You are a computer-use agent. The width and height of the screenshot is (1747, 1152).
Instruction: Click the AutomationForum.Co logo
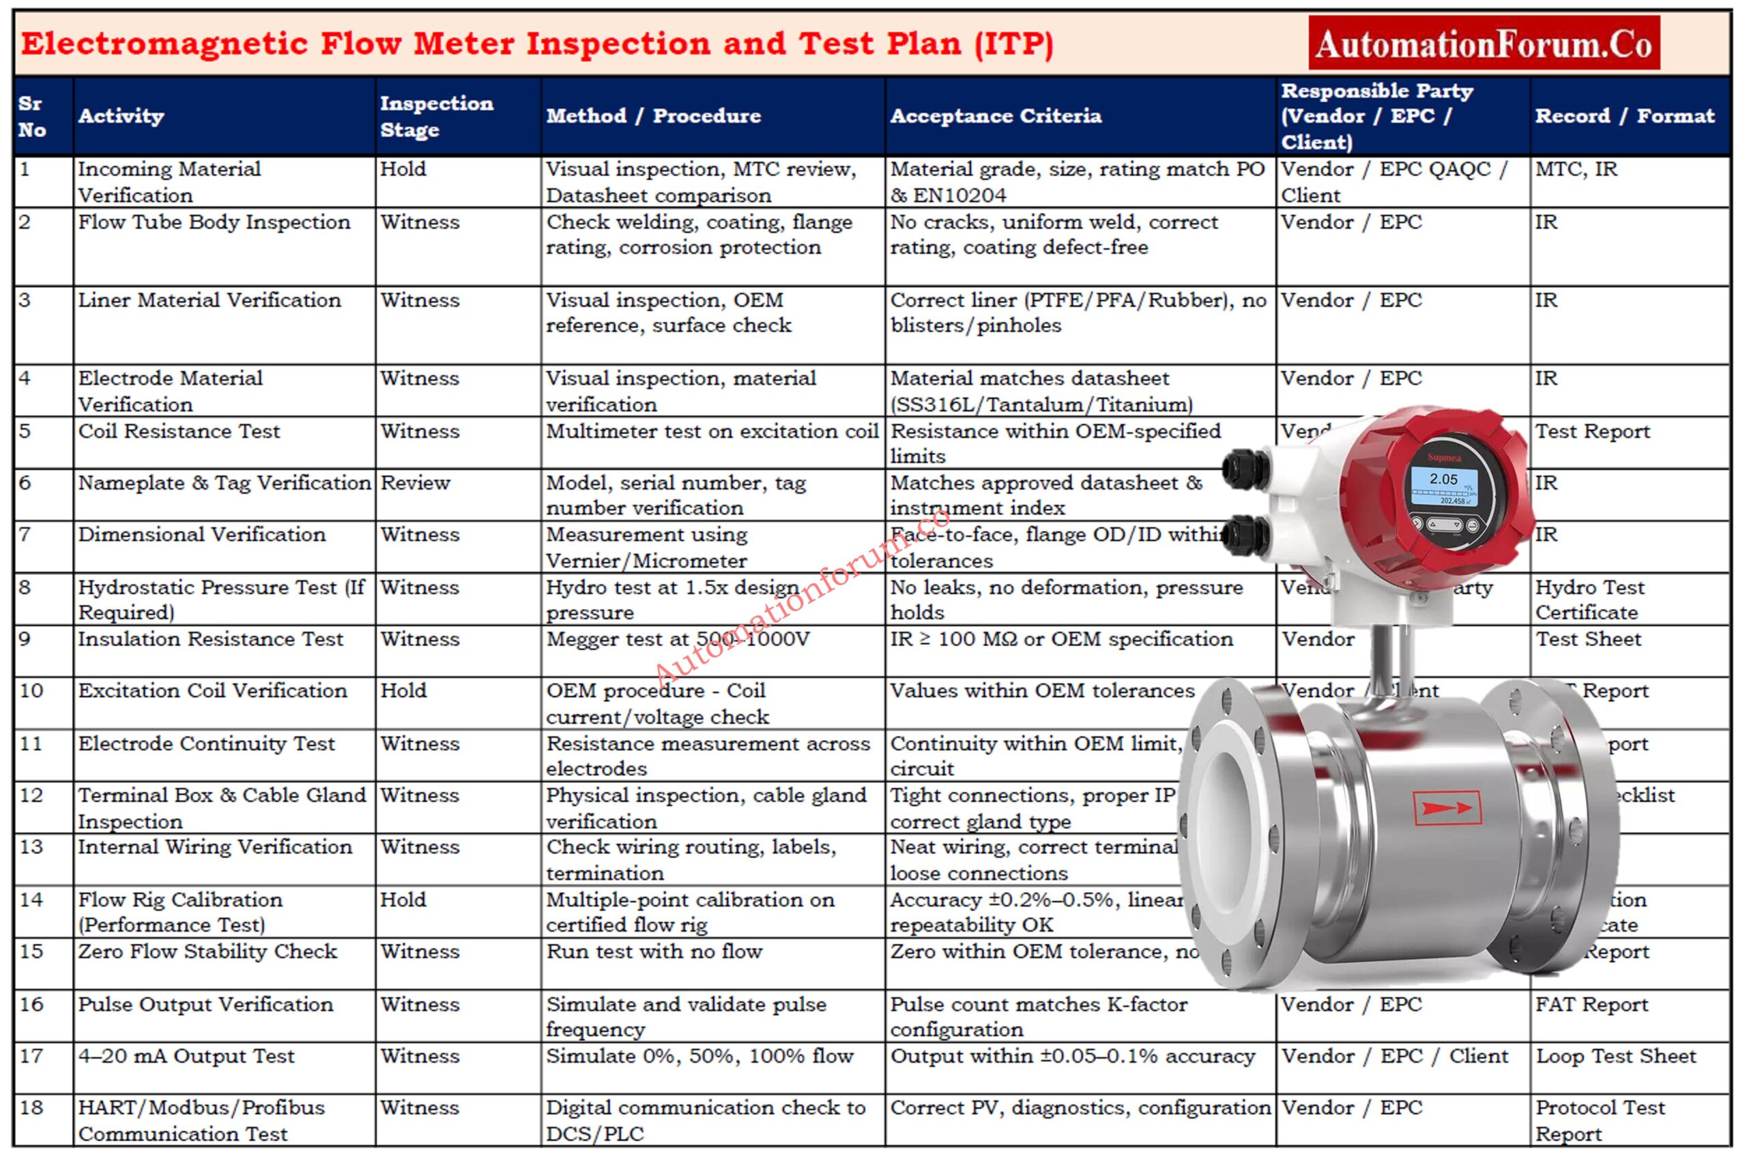pyautogui.click(x=1483, y=44)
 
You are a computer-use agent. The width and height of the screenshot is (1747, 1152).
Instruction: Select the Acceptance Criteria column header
pyautogui.click(x=995, y=116)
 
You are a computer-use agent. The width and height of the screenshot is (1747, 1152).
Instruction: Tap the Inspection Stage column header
pyautogui.click(x=436, y=116)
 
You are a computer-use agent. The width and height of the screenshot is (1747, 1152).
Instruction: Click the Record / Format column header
pyautogui.click(x=1624, y=116)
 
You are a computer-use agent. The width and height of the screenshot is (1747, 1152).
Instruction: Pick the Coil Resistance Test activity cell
pyautogui.click(x=179, y=431)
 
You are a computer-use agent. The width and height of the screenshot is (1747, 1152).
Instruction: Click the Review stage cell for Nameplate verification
pyautogui.click(x=415, y=484)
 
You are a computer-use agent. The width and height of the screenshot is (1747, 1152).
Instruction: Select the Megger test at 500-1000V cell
pyautogui.click(x=677, y=639)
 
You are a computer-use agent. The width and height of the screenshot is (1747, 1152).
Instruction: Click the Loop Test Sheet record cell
pyautogui.click(x=1615, y=1056)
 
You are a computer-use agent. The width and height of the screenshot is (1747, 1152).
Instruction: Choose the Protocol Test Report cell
pyautogui.click(x=1600, y=1120)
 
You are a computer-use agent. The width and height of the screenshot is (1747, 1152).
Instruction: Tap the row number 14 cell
pyautogui.click(x=31, y=900)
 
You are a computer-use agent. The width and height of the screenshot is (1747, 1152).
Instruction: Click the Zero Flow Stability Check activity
pyautogui.click(x=207, y=951)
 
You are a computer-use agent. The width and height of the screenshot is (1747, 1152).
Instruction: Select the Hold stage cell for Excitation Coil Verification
pyautogui.click(x=403, y=691)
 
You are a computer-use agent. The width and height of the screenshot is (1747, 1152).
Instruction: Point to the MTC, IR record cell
pyautogui.click(x=1576, y=170)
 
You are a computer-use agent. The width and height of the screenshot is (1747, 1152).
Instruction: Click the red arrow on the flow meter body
pyautogui.click(x=1447, y=808)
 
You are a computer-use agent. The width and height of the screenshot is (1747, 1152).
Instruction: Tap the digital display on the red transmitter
pyautogui.click(x=1443, y=486)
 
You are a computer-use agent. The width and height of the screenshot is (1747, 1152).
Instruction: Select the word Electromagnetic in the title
pyautogui.click(x=163, y=44)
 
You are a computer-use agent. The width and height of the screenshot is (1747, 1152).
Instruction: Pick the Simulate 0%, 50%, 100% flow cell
pyautogui.click(x=699, y=1056)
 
